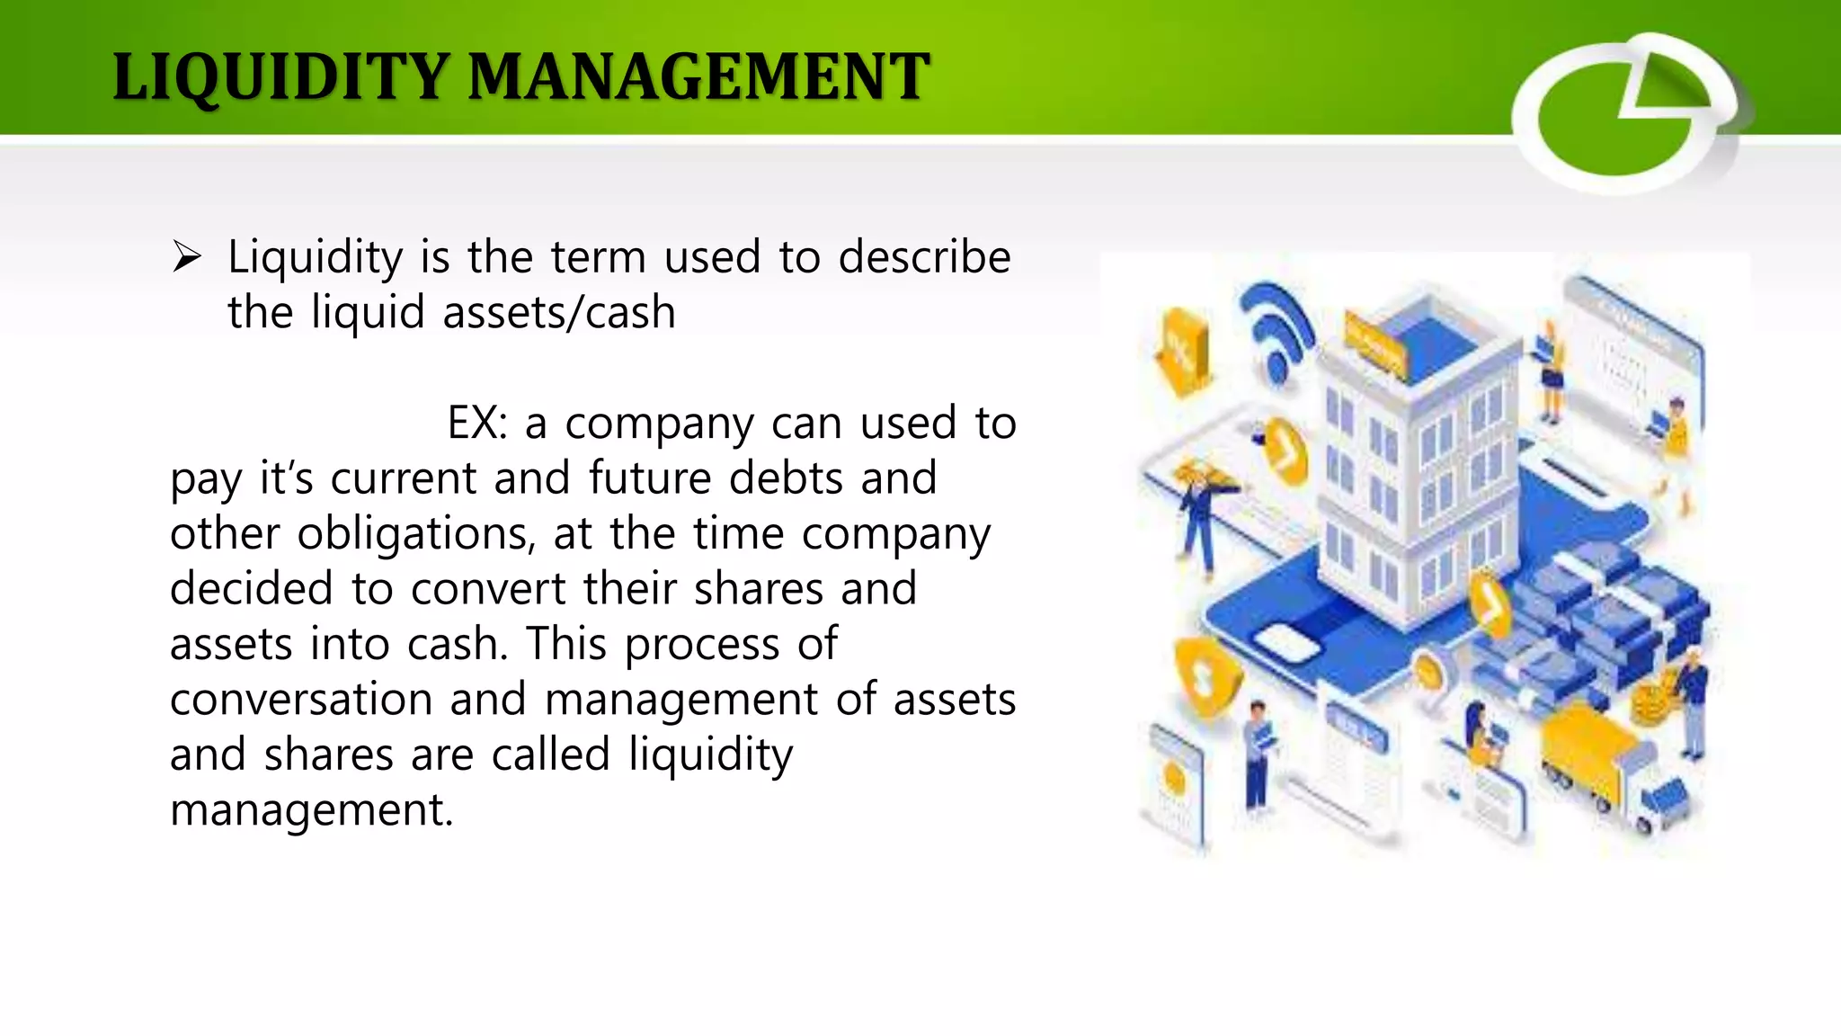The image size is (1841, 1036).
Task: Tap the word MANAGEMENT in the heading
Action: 698,77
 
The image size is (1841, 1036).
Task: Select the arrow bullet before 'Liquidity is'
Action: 187,258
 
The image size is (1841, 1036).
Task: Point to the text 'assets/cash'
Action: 558,313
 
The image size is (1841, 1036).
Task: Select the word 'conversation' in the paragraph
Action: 301,700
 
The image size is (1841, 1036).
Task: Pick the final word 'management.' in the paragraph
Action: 312,809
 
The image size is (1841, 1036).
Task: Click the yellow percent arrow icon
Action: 1180,351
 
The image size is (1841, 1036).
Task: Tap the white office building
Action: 1420,468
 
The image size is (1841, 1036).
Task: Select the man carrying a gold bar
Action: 1200,513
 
